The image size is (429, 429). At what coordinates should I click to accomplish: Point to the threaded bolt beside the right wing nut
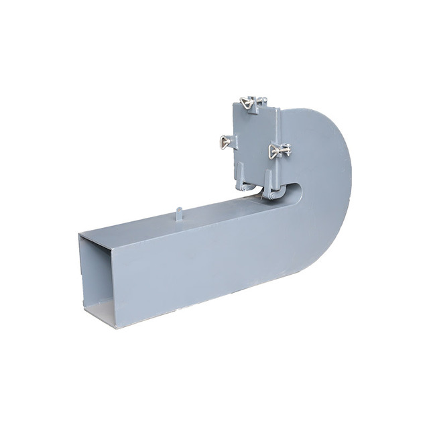pyautogui.click(x=286, y=149)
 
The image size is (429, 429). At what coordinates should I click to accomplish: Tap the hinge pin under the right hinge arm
pyautogui.click(x=272, y=195)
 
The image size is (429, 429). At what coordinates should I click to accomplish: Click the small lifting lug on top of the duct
pyautogui.click(x=179, y=214)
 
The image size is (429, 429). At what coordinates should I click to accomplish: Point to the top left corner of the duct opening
pyautogui.click(x=79, y=234)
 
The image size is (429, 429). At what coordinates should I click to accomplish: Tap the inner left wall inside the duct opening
pyautogui.click(x=85, y=275)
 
